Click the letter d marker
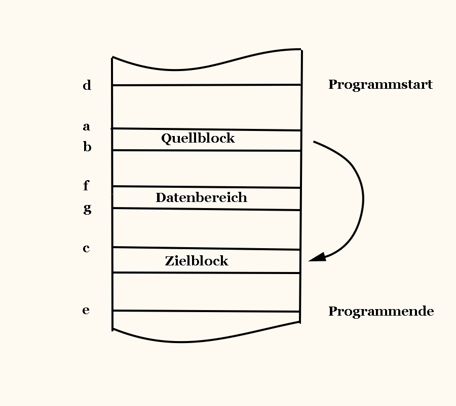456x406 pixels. (87, 85)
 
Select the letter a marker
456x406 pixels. (87, 126)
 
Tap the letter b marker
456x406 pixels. (87, 147)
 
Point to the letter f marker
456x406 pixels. (86, 186)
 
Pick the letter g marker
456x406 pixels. (87, 208)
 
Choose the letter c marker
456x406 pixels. (87, 248)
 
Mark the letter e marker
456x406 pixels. (86, 310)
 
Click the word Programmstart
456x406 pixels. (380, 85)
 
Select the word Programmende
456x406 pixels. (381, 311)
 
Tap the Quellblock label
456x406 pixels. (198, 138)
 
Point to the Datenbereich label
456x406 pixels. (201, 197)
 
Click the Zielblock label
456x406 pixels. (197, 261)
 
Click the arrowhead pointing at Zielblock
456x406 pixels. (317, 257)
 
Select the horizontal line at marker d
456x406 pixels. (207, 85)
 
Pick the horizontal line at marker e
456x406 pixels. (207, 311)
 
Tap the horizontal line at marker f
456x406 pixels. (207, 187)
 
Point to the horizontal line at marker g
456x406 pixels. (207, 209)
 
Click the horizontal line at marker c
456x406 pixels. (207, 249)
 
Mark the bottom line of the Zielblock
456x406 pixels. (207, 273)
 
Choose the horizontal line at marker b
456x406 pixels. (207, 150)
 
